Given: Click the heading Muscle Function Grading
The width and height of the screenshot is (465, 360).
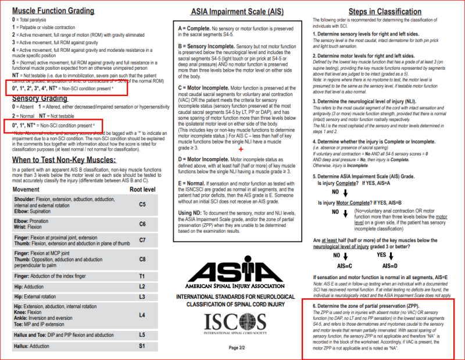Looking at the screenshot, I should [x=53, y=10].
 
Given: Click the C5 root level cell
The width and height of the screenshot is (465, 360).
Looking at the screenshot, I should [x=142, y=204].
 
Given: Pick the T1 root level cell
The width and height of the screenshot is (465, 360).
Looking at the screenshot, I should [x=142, y=276].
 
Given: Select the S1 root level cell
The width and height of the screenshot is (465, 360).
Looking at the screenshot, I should [x=142, y=346].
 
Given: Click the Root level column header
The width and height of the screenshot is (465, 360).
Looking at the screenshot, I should [x=142, y=189].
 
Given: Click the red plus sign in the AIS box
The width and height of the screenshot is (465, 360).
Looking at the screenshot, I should [x=241, y=133].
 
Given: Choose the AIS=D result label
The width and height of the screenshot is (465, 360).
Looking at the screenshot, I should [x=391, y=265].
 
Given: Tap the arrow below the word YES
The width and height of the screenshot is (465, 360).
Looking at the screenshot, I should [x=391, y=255].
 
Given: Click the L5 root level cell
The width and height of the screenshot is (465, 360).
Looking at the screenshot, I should [x=142, y=334].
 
